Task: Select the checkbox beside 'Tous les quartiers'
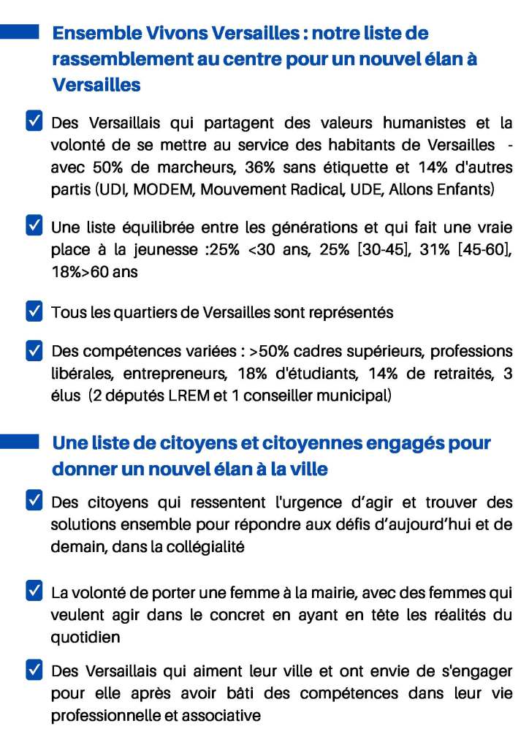[x=34, y=312]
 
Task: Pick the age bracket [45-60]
[x=478, y=250]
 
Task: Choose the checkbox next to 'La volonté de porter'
[x=34, y=590]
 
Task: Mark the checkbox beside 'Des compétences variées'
[x=34, y=351]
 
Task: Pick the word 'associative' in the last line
[x=217, y=716]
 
